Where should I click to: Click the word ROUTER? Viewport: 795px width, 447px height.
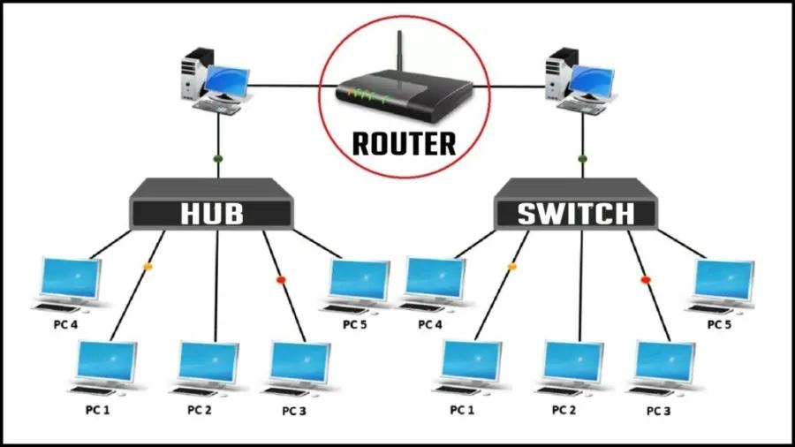coord(405,142)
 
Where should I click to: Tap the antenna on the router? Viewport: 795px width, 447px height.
coord(398,57)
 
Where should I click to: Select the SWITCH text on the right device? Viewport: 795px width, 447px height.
coord(575,214)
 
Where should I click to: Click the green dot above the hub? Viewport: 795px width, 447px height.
coord(217,160)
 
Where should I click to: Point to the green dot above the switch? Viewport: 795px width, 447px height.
coord(581,160)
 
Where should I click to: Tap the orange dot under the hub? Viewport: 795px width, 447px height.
coord(148,266)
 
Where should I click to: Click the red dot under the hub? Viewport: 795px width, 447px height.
coord(281,279)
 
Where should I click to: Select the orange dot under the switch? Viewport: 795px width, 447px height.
coord(511,266)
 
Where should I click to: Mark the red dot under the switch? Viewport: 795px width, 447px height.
coord(645,279)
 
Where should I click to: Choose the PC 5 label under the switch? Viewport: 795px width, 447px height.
coord(719,324)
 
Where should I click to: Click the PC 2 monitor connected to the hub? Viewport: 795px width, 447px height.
coord(208,362)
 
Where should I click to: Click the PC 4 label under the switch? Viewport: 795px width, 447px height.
coord(429,324)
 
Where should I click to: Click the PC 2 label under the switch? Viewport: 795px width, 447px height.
coord(564,410)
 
